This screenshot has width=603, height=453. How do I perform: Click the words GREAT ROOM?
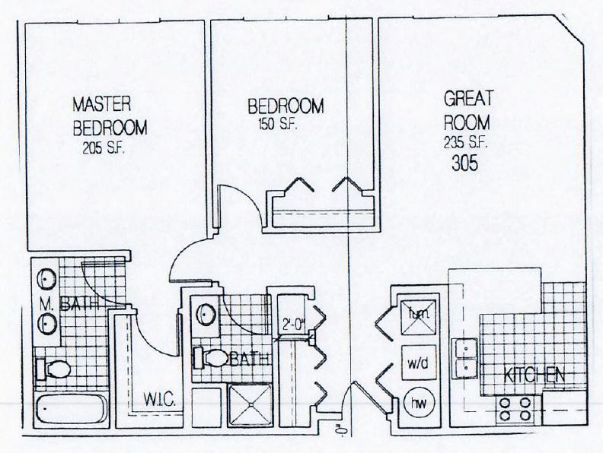[x=469, y=109]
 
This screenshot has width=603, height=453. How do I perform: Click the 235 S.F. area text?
[x=462, y=141]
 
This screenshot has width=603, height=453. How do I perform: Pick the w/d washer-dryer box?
[x=417, y=363]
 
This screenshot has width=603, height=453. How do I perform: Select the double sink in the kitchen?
[x=463, y=359]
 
